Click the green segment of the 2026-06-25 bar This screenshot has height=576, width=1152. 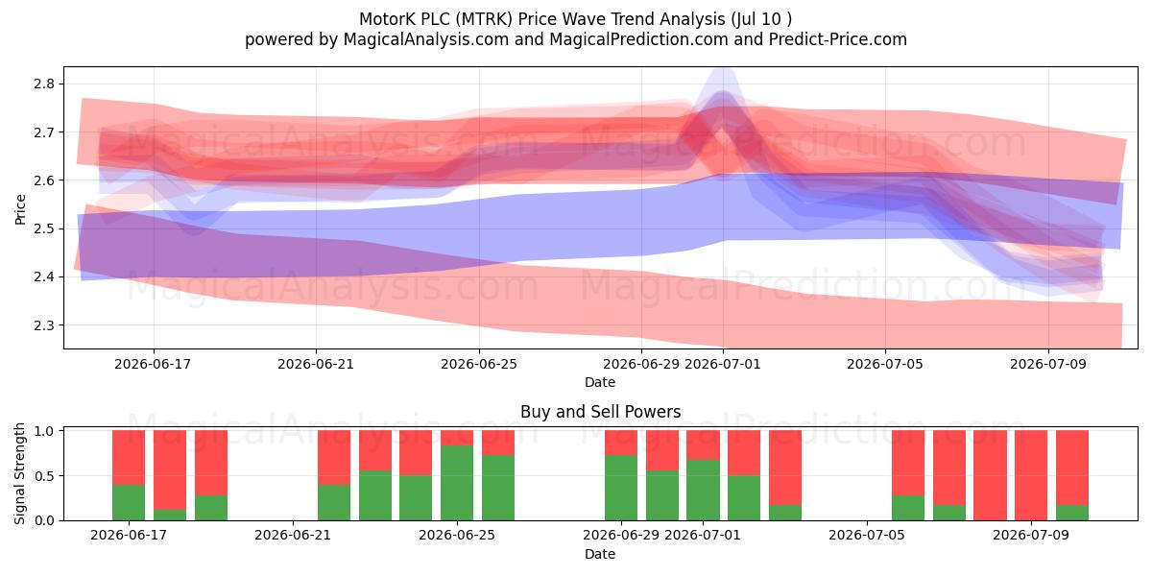click(457, 482)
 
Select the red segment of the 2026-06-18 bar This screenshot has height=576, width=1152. click(170, 469)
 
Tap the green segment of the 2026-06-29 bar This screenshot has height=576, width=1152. click(621, 488)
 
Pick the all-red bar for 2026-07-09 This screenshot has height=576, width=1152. click(1031, 475)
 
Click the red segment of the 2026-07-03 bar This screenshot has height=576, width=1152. click(785, 468)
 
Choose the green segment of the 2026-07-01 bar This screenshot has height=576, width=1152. click(703, 490)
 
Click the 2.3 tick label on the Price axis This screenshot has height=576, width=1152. click(44, 325)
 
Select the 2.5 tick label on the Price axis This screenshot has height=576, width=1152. click(44, 228)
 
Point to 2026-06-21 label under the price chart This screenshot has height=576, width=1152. click(316, 364)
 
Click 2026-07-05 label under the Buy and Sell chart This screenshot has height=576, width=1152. click(867, 535)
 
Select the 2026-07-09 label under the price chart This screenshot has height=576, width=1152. click(1048, 364)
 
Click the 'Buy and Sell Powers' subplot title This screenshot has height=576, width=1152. click(600, 412)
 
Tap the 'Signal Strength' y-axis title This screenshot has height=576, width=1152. click(19, 473)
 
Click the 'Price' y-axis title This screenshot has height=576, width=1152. click(20, 209)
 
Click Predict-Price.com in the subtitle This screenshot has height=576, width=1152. click(838, 39)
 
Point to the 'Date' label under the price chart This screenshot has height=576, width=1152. click(600, 382)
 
